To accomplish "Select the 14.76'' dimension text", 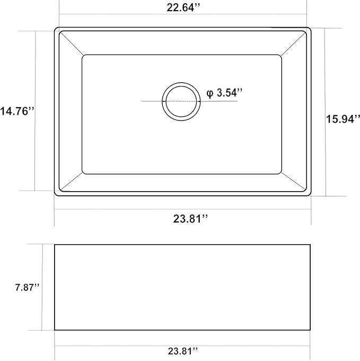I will click(17, 111).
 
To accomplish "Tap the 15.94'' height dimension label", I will click(343, 119).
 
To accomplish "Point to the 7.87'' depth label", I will click(27, 287).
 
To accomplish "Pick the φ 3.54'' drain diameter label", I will click(225, 93).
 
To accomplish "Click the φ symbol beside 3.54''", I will click(210, 93).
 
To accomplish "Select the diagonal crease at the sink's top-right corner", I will click(294, 44).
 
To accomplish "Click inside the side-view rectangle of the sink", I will click(182, 287).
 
